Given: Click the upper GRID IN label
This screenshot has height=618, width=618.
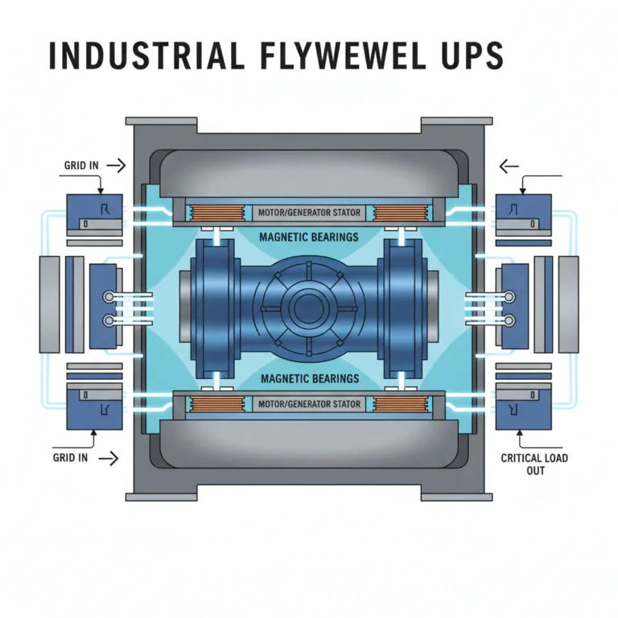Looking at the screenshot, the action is pyautogui.click(x=81, y=166).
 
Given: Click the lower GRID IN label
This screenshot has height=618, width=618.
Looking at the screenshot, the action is pyautogui.click(x=70, y=458).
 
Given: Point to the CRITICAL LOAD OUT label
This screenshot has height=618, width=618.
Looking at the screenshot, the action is pyautogui.click(x=534, y=464).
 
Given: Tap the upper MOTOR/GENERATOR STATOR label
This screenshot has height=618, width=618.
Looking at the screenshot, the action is pyautogui.click(x=309, y=212).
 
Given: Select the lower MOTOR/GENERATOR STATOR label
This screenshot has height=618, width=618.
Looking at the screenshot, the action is pyautogui.click(x=309, y=405).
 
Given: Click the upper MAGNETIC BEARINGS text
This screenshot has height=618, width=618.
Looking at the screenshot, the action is pyautogui.click(x=309, y=237).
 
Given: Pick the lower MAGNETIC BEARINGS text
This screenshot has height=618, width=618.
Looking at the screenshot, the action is pyautogui.click(x=310, y=379).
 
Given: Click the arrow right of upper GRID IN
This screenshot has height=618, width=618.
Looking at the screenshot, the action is pyautogui.click(x=117, y=166).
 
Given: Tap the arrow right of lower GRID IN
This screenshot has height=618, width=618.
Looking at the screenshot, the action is pyautogui.click(x=109, y=459).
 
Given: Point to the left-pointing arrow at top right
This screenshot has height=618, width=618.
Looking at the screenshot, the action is pyautogui.click(x=509, y=167).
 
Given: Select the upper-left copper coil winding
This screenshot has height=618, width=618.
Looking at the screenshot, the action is pyautogui.click(x=216, y=214).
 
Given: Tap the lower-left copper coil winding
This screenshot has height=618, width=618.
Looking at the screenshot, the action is pyautogui.click(x=216, y=404).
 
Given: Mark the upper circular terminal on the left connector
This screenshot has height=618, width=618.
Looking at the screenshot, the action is pyautogui.click(x=109, y=296).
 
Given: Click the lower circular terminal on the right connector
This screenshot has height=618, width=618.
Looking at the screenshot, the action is pyautogui.click(x=509, y=320).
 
